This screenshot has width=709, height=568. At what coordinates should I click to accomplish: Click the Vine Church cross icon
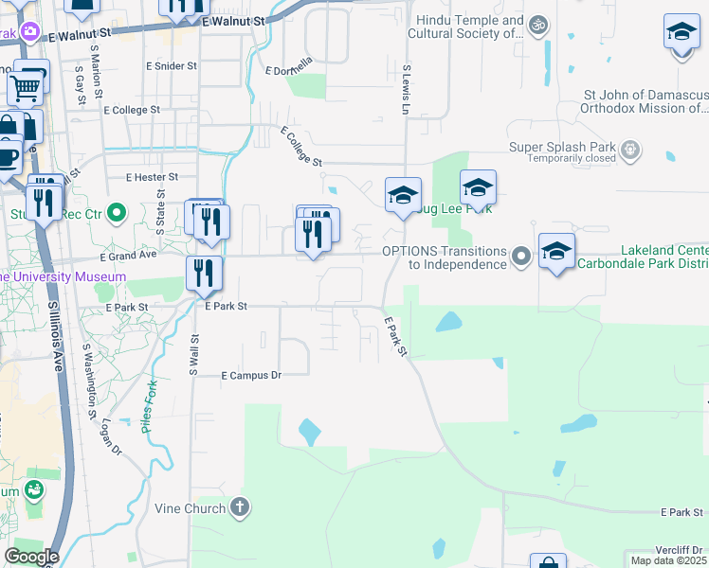coord(241,508)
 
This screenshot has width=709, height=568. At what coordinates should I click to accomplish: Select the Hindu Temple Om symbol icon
coord(538,25)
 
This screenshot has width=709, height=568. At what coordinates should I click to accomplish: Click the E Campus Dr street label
coord(251,376)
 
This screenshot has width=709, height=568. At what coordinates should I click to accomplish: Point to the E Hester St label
coord(152,177)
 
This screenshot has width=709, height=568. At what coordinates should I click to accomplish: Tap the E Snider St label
coord(171,66)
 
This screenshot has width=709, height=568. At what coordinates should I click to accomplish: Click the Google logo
coord(31,557)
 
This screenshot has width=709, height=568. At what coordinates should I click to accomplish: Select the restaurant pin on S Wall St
coord(204,274)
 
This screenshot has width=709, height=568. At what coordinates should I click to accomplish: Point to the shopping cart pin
coord(27,88)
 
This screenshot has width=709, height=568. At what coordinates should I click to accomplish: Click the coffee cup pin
coord(8,155)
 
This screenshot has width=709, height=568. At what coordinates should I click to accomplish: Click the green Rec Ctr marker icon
coord(117,214)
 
